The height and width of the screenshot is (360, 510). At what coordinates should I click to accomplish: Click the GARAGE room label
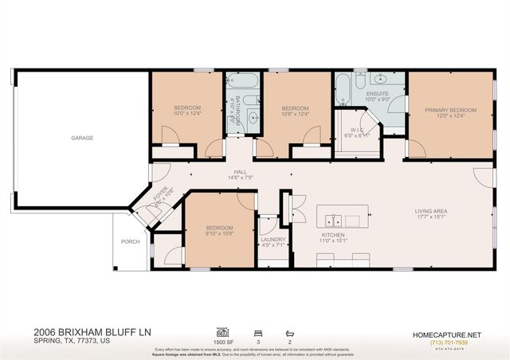point(82,138)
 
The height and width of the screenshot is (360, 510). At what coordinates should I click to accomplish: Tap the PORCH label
point(130,241)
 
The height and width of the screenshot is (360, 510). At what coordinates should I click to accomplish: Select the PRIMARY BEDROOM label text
point(450,110)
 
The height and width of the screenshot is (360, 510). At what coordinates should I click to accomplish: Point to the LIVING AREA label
point(430,211)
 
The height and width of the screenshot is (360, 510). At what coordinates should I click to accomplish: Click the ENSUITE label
point(376,93)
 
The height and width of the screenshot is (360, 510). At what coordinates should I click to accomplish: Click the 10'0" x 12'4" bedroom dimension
point(188,114)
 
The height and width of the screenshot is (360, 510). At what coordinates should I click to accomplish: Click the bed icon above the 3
point(257,331)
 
